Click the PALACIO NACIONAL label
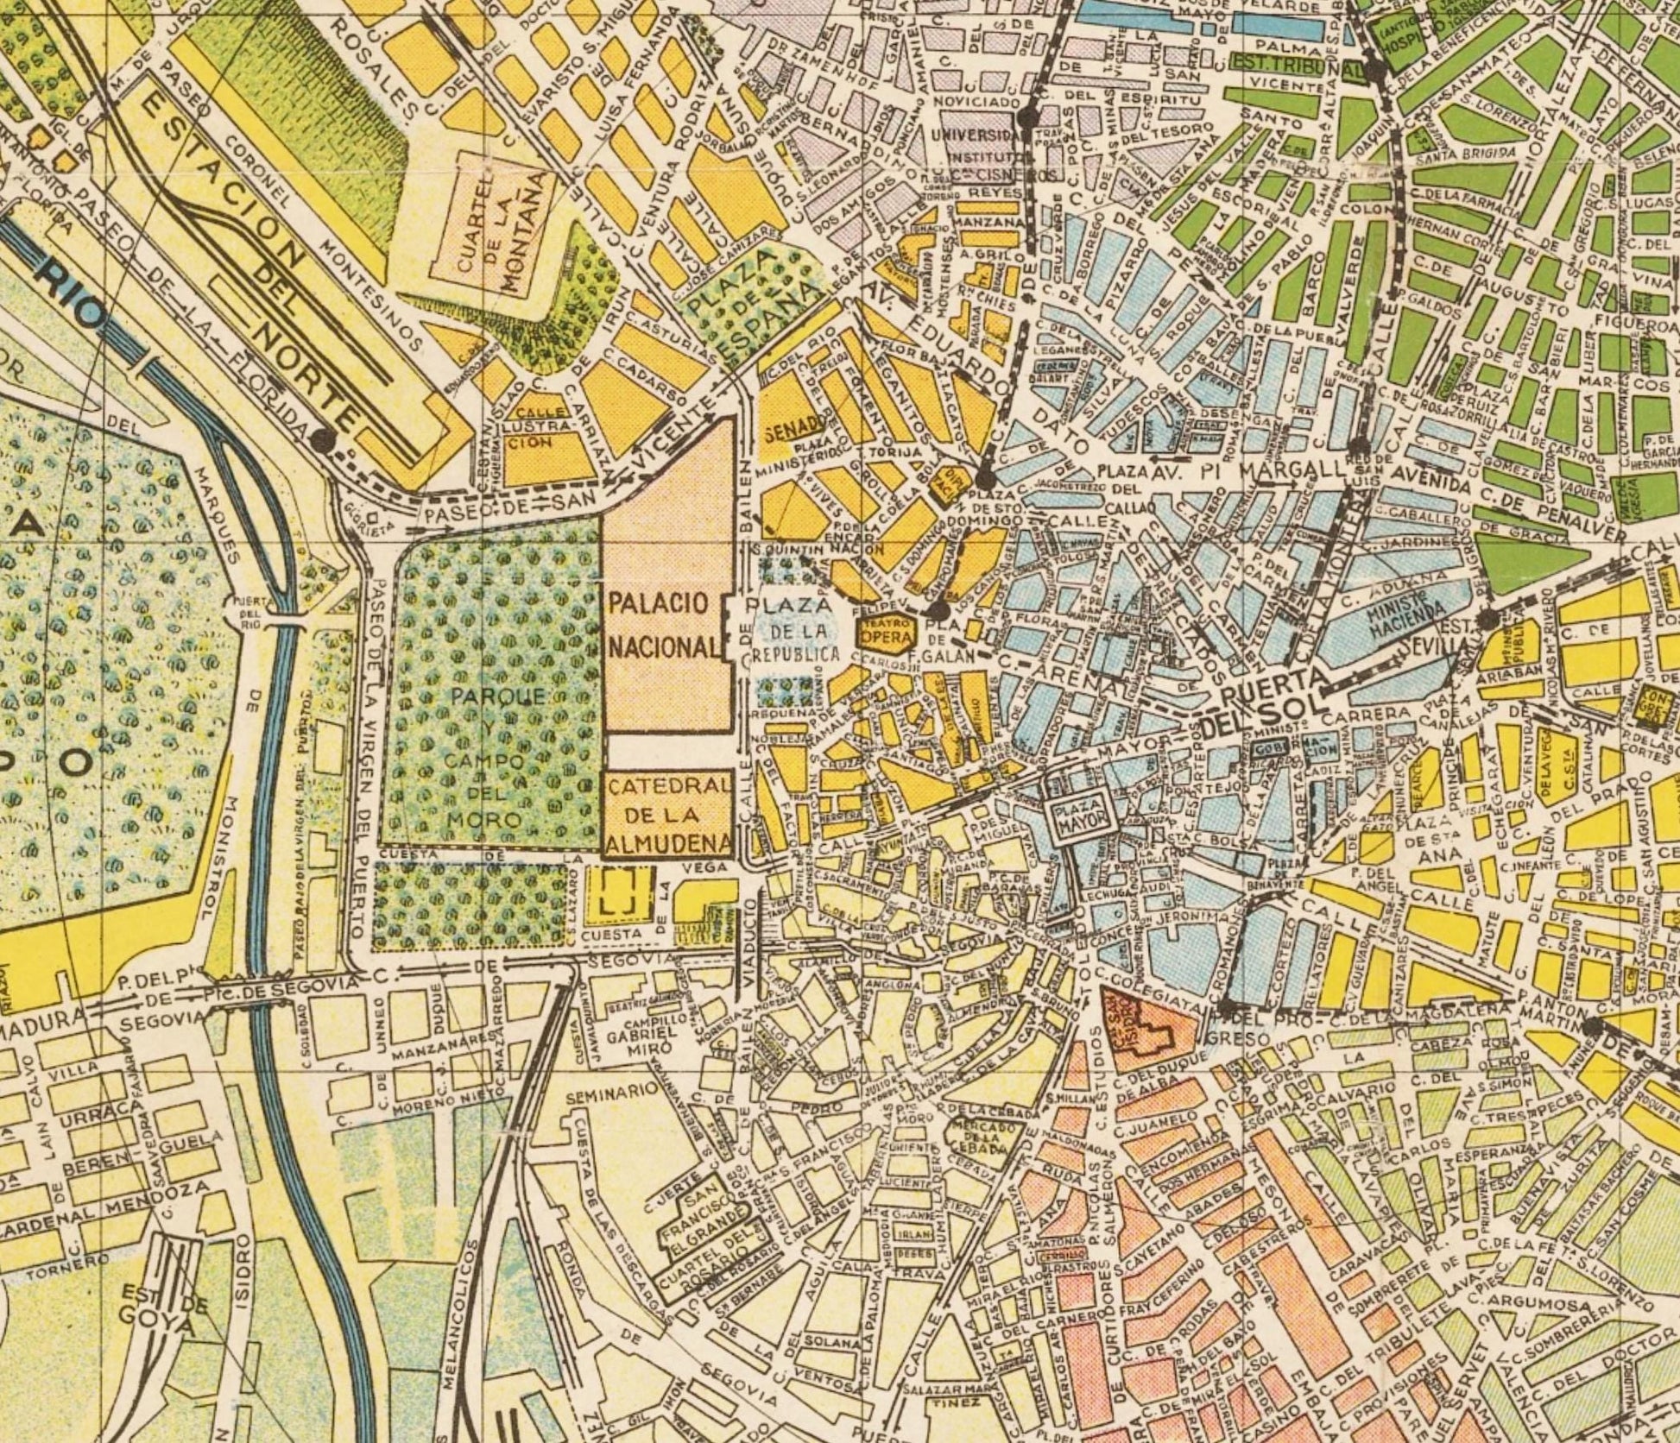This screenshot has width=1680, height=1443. (x=663, y=623)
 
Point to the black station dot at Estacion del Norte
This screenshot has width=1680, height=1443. (x=324, y=439)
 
